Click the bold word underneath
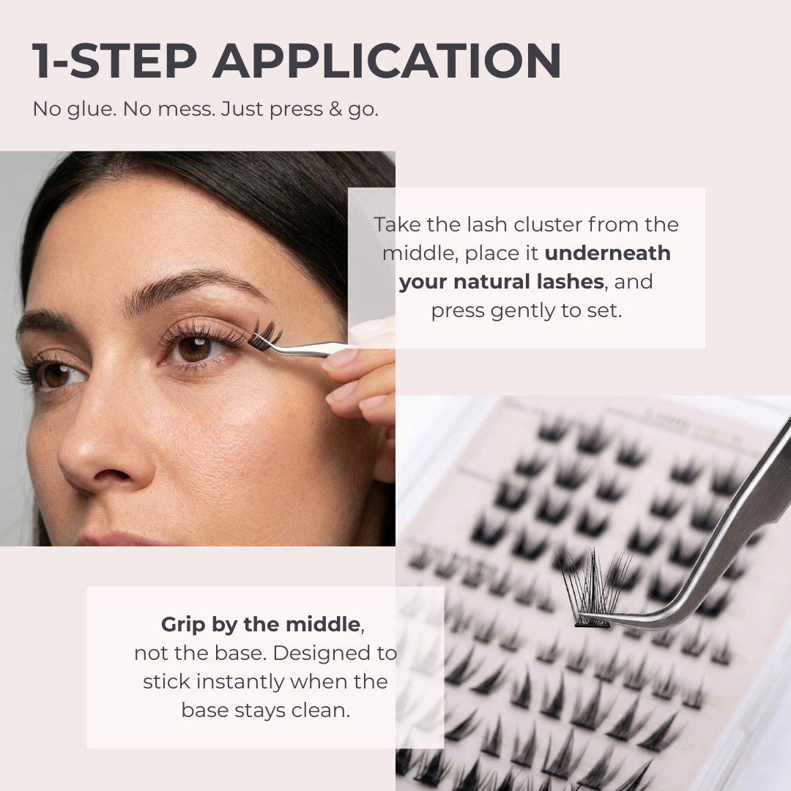pyautogui.click(x=607, y=253)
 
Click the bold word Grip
pyautogui.click(x=183, y=625)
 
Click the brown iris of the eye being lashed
pyautogui.click(x=193, y=349)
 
